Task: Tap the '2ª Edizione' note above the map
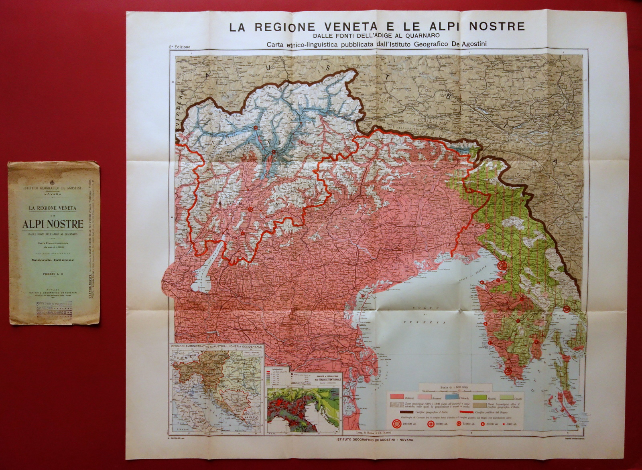(x=179, y=46)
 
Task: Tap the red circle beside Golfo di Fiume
(x=566, y=308)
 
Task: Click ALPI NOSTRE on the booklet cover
(x=53, y=224)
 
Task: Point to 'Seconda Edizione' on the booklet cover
(x=53, y=260)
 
